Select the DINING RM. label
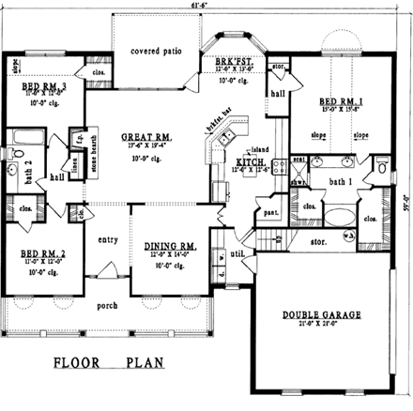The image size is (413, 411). [170, 246]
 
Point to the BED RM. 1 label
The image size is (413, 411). [339, 101]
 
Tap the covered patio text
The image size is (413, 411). [155, 50]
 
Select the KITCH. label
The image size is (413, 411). [248, 162]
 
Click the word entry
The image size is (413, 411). [110, 240]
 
